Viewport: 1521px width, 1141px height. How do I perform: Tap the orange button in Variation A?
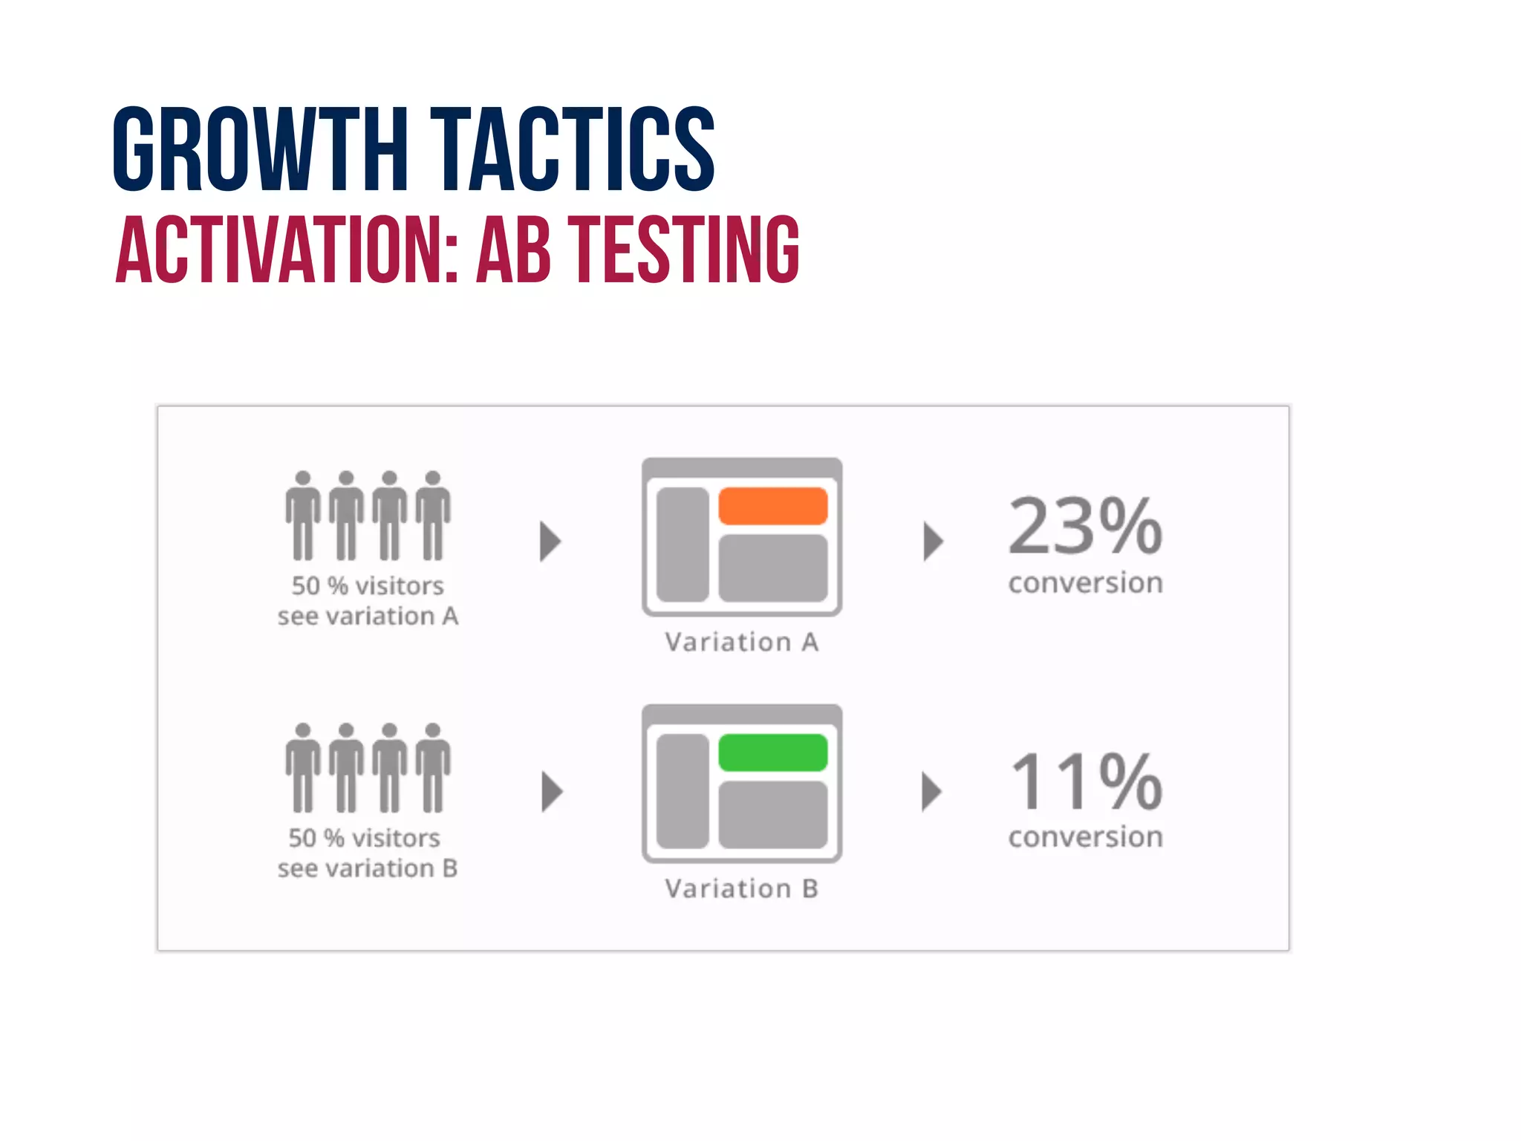772,506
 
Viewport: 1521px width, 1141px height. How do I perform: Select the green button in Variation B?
772,752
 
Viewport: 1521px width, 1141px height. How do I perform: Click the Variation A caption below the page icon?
741,642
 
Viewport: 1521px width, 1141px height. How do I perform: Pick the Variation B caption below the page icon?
741,888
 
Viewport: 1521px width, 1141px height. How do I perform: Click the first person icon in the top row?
302,516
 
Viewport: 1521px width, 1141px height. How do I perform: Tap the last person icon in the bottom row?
433,768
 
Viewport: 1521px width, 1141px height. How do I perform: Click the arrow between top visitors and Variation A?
550,541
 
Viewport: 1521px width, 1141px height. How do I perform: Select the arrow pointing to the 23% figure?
933,541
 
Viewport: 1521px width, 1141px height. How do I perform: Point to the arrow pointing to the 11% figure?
931,792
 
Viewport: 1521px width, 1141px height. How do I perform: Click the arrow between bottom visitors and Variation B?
551,792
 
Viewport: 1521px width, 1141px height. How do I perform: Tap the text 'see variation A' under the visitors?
368,617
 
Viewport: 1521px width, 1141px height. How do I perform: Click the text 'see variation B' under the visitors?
368,868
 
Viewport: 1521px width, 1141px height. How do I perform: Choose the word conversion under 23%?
1085,583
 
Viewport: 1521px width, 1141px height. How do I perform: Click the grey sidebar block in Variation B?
683,791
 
